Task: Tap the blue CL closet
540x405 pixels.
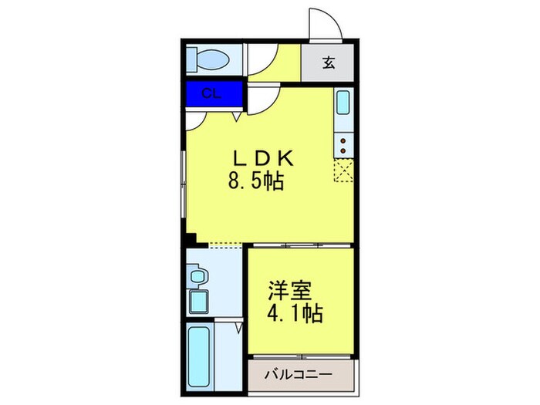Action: coord(214,95)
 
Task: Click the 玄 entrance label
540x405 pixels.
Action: coord(328,63)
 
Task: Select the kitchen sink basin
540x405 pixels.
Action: coord(343,103)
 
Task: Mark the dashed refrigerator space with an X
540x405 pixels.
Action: coord(343,167)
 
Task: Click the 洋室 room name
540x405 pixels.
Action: coord(290,292)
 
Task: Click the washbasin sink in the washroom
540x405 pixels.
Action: coord(197,276)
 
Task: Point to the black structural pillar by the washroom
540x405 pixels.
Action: coord(190,239)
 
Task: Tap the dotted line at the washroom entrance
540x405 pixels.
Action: coord(225,246)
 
